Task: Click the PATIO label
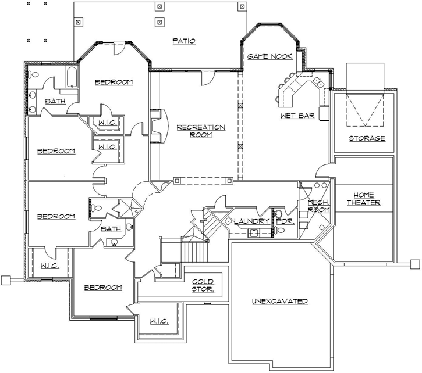tap(183, 41)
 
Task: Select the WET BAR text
tap(297, 116)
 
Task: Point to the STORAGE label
tap(367, 138)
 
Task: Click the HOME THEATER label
tap(364, 199)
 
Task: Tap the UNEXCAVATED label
tap(280, 301)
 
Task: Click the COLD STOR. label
tap(203, 285)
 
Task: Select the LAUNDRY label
tap(251, 221)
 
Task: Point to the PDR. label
tap(285, 221)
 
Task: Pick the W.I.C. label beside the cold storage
tap(159, 321)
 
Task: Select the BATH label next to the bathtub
tap(55, 101)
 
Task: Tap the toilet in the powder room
tap(281, 231)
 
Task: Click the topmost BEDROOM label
tap(114, 82)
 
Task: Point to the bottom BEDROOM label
tap(102, 288)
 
